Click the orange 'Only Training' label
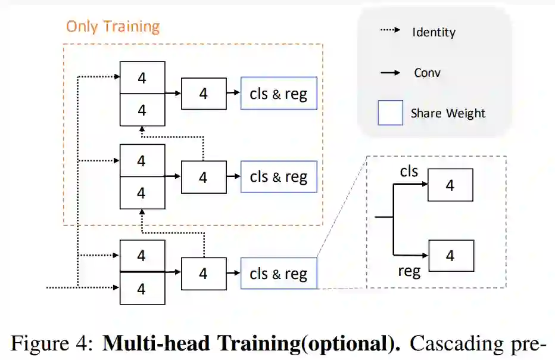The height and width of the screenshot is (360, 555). click(x=113, y=27)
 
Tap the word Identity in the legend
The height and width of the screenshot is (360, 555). click(x=434, y=32)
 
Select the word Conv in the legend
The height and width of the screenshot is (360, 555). click(x=427, y=73)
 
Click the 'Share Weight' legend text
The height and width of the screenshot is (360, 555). click(x=448, y=113)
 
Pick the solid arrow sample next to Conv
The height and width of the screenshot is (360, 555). click(x=390, y=73)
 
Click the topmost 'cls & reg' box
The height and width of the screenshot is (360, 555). click(x=278, y=93)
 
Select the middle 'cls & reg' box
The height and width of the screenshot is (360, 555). click(x=278, y=176)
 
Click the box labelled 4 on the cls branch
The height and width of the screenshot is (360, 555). click(x=450, y=185)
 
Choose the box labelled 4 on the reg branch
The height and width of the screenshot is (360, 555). click(x=450, y=256)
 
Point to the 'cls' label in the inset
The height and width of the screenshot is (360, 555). click(x=409, y=172)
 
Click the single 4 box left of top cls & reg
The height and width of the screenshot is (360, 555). click(x=203, y=93)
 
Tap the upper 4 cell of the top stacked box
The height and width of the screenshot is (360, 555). click(x=142, y=77)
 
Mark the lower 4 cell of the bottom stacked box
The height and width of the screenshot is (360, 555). click(x=142, y=289)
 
